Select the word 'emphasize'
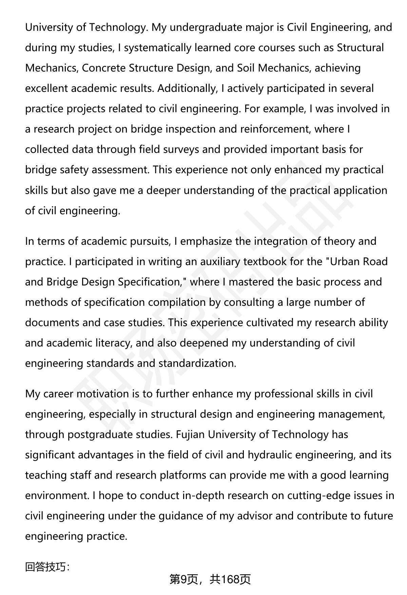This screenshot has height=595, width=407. point(204,241)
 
